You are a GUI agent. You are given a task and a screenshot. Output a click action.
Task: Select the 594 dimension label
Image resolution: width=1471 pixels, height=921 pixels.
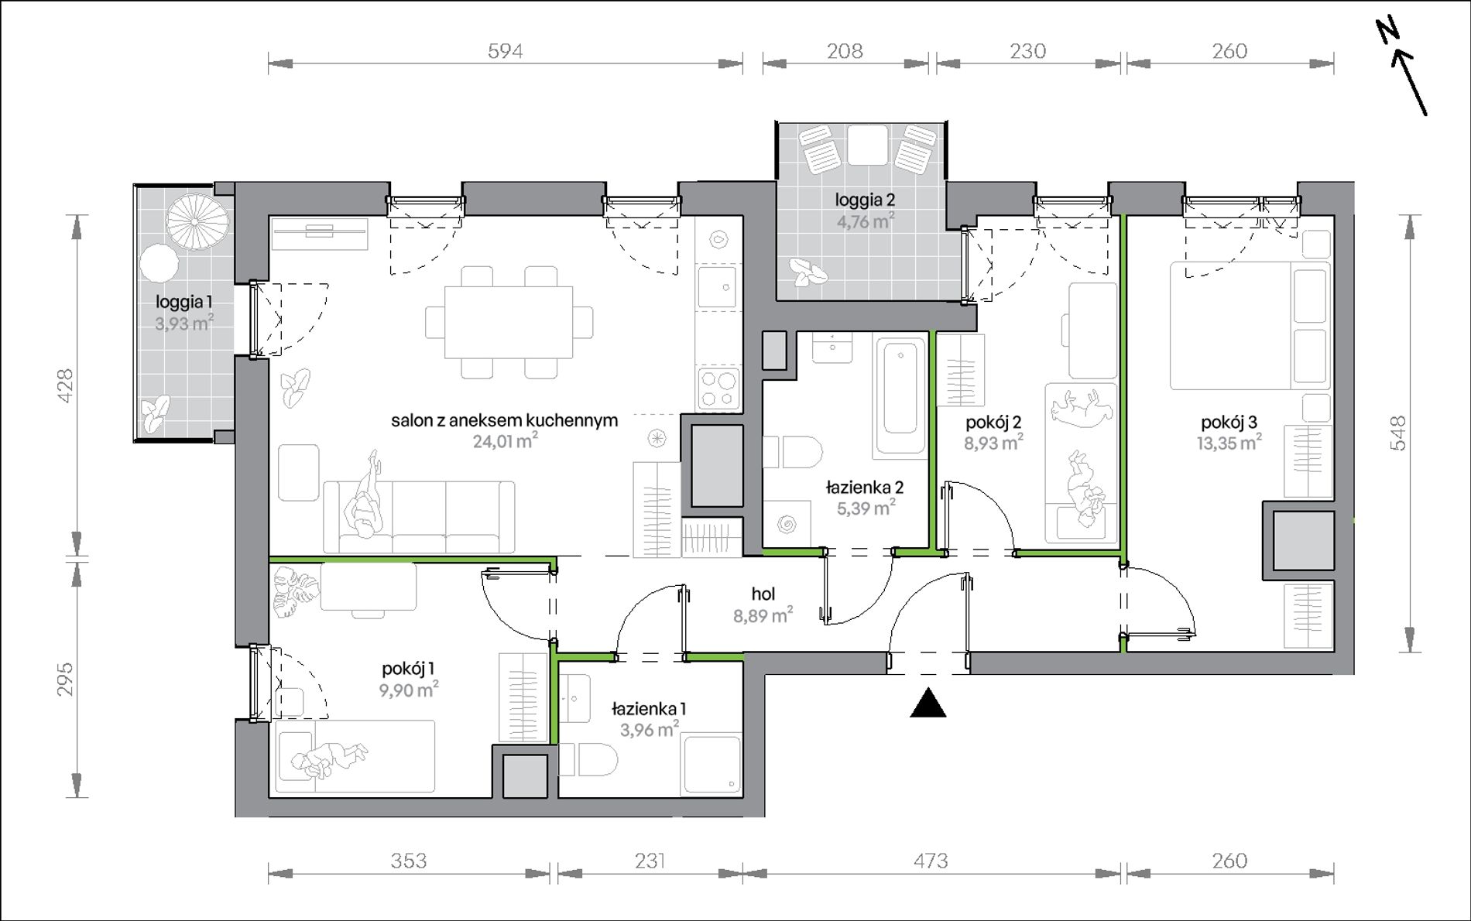pos(505,51)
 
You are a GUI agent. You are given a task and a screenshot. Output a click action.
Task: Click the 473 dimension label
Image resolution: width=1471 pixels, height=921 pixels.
pos(931,861)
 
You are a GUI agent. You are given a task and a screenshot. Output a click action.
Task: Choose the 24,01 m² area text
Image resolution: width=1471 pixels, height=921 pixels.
pos(505,441)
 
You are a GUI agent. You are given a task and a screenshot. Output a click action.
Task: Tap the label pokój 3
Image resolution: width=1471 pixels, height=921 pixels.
pos(1229,423)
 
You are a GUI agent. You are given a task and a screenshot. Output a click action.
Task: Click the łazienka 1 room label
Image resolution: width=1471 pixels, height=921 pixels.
pos(649,708)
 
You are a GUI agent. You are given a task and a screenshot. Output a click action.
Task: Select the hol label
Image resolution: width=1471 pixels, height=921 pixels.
pos(763,594)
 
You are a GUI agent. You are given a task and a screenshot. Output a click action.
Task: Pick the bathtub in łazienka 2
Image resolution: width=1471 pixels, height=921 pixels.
pos(900,397)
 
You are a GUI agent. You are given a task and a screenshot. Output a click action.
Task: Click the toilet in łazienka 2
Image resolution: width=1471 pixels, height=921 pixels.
pos(793,452)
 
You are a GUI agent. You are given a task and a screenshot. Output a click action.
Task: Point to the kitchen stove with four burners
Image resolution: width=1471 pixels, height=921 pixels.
pos(719,389)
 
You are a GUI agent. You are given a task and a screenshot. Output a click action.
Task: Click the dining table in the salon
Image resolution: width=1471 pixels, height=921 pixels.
pos(509,323)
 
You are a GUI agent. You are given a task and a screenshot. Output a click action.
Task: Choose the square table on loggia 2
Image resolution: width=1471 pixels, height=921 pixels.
pos(867,145)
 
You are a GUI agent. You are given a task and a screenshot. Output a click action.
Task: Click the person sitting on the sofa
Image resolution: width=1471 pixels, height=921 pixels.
pos(365,495)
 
